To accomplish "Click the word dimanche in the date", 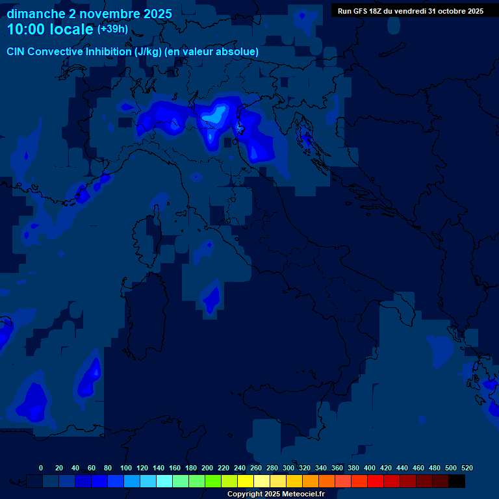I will tap(35, 14).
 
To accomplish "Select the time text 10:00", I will tap(29, 29).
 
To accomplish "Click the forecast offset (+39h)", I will tap(112, 29).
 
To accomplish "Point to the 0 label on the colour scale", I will tap(41, 468).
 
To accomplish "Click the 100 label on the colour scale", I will tap(126, 468).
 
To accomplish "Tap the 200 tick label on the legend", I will tap(207, 468).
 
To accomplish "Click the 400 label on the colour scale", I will tap(370, 468).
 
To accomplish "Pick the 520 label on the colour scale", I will tap(467, 468).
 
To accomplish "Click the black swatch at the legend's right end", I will tap(457, 481).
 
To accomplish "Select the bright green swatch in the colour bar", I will tap(213, 481).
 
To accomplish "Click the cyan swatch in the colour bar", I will tap(164, 481).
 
